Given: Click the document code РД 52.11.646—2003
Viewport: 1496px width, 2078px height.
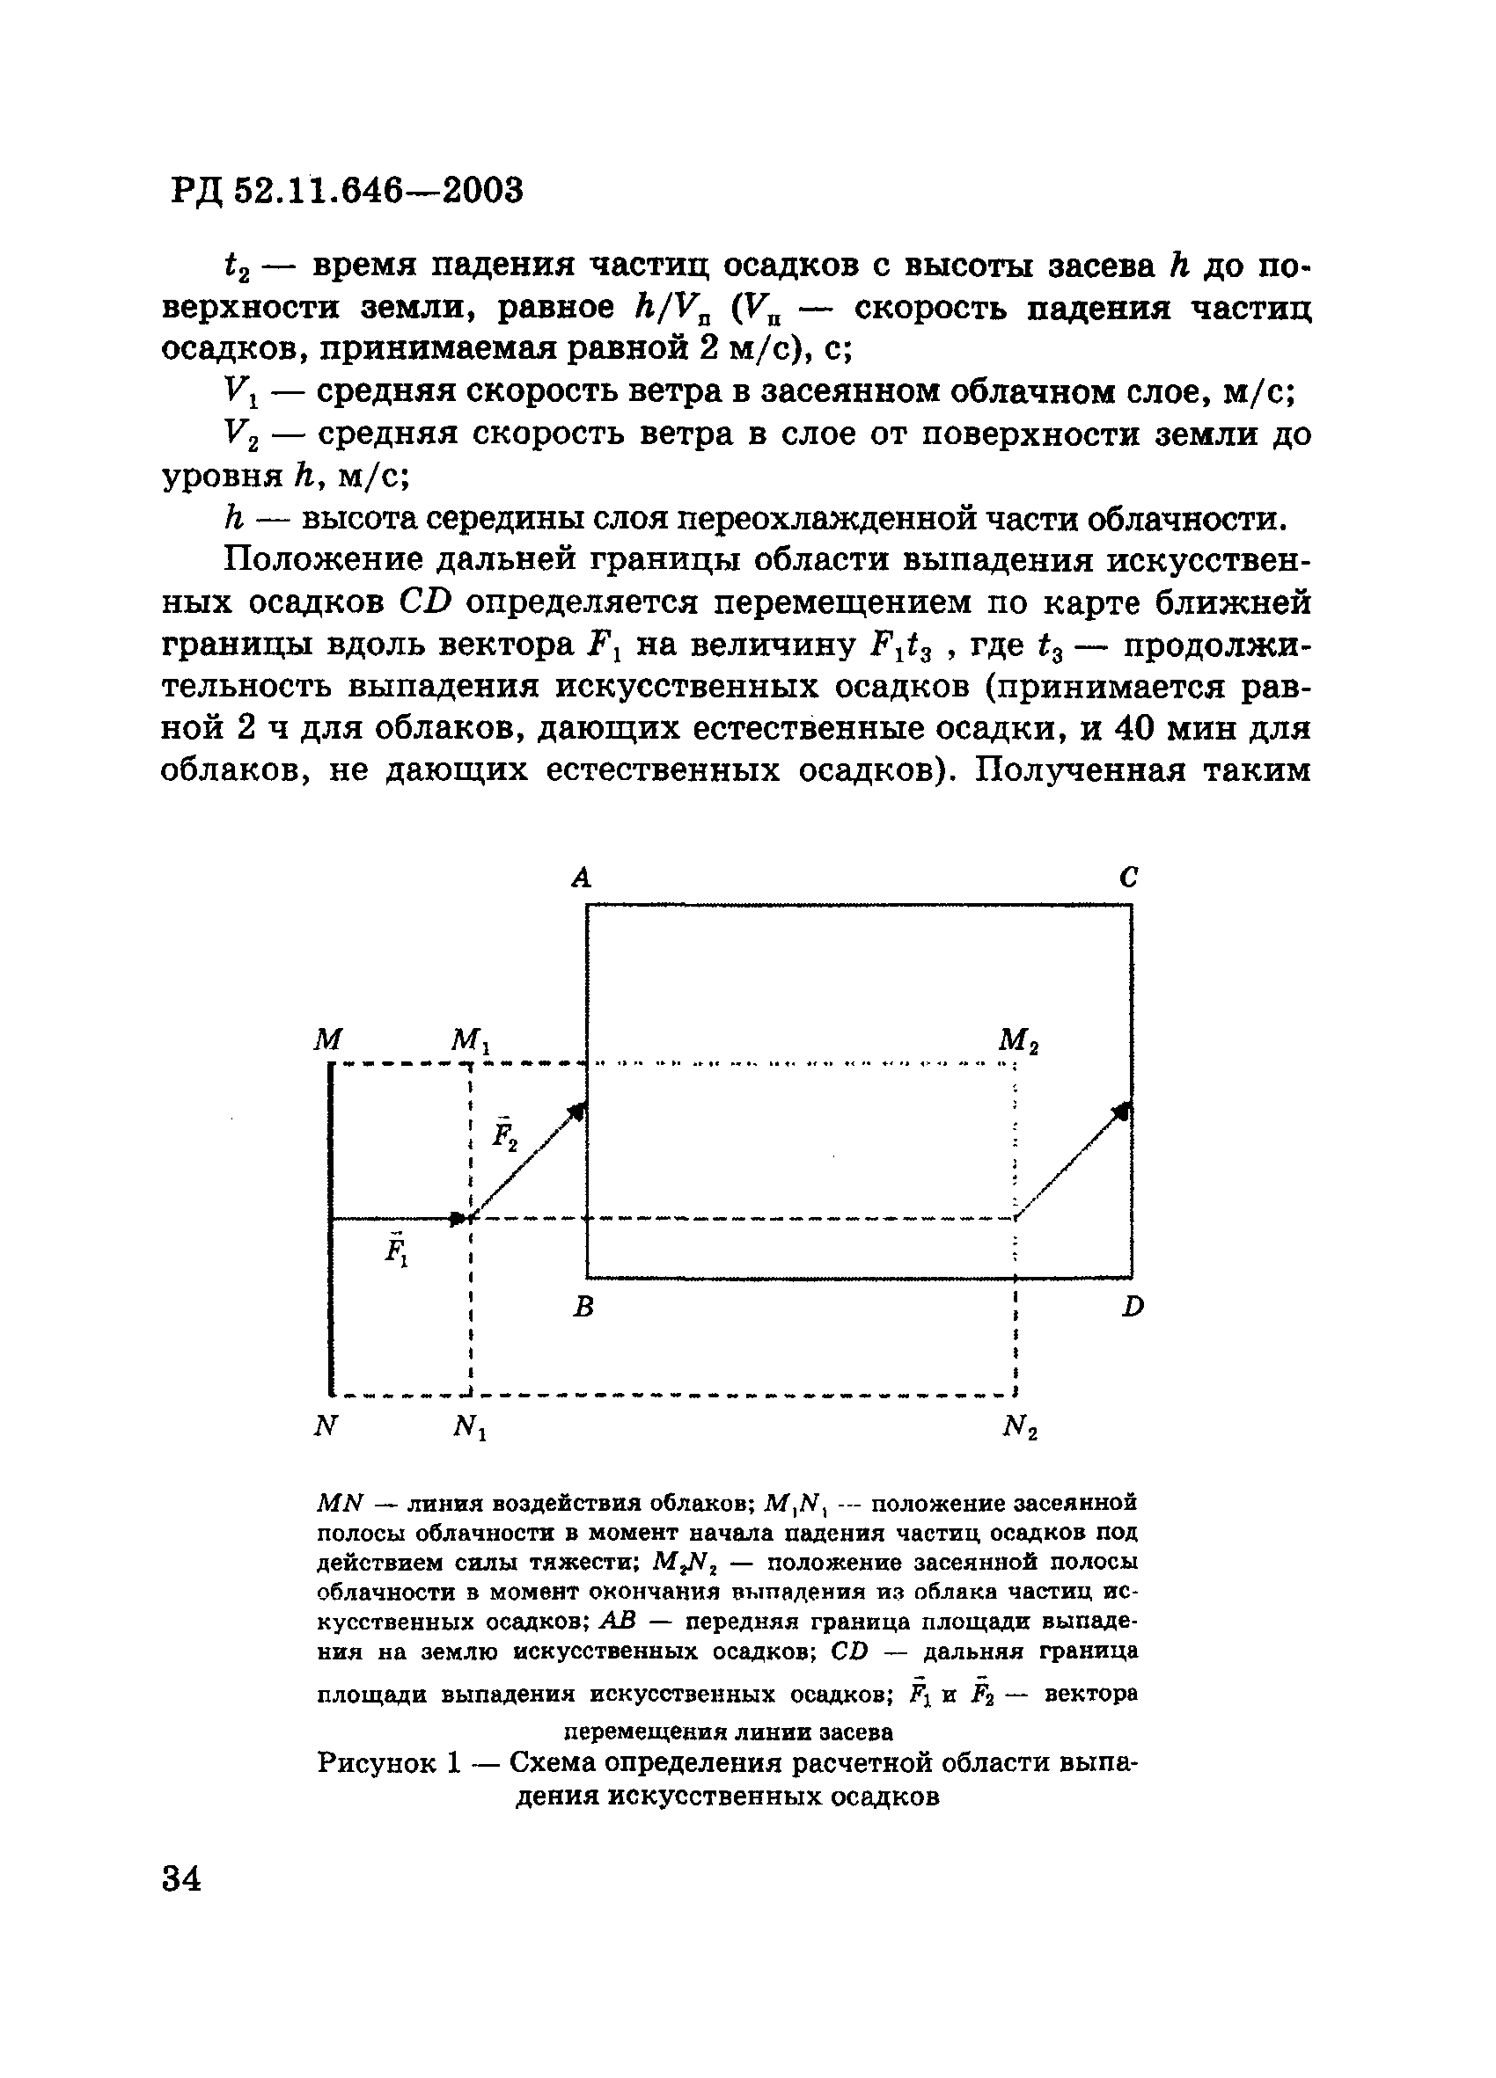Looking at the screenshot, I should click(347, 191).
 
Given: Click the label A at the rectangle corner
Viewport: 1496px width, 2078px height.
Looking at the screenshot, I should click(581, 878).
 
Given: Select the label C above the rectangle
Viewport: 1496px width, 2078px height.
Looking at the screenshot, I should click(1128, 878).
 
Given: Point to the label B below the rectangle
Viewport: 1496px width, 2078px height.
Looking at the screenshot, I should click(583, 1308).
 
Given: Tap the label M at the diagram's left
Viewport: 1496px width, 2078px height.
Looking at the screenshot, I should click(327, 1039).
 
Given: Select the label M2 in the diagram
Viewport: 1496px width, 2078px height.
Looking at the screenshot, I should click(1017, 1041).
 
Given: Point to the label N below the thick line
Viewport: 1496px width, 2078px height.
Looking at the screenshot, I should click(326, 1426).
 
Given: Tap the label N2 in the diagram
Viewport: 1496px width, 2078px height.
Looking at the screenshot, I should click(1019, 1427).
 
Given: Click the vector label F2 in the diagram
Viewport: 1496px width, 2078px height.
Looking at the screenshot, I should click(504, 1134).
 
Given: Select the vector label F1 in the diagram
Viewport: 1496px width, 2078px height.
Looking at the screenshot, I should click(396, 1250).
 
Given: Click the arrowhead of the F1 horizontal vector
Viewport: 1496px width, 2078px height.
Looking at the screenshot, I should click(458, 1219).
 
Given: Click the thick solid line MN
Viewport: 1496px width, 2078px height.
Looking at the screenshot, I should click(331, 1228).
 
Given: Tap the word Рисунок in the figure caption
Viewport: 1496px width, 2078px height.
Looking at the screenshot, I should click(377, 1762).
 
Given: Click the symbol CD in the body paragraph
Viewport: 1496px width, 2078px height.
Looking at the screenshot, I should click(426, 603).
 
